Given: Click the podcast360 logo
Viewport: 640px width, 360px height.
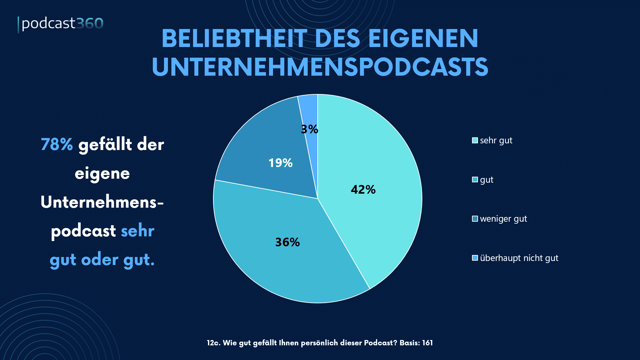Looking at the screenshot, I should pyautogui.click(x=61, y=24).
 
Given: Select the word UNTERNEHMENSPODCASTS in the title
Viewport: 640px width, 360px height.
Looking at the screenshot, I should pyautogui.click(x=320, y=67).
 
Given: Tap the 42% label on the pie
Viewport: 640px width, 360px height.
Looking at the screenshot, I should pyautogui.click(x=363, y=190).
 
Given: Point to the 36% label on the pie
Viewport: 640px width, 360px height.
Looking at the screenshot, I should pyautogui.click(x=287, y=242).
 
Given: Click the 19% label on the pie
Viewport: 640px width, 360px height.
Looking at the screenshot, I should pyautogui.click(x=280, y=163).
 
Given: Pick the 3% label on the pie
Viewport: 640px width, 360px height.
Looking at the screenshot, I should pyautogui.click(x=309, y=129).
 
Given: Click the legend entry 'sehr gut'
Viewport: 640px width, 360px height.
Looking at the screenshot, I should pyautogui.click(x=496, y=141).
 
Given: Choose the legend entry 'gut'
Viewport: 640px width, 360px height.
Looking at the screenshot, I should pyautogui.click(x=486, y=180).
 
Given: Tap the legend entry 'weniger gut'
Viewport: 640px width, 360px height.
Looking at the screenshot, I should pyautogui.click(x=503, y=219).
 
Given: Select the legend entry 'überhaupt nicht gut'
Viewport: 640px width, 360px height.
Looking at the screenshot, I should pyautogui.click(x=519, y=258).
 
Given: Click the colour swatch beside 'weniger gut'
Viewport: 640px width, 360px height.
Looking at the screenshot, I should pyautogui.click(x=475, y=219).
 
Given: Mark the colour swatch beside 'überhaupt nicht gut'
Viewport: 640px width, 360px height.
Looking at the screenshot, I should pyautogui.click(x=475, y=258).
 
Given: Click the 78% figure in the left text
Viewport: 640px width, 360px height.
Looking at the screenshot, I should pyautogui.click(x=57, y=145).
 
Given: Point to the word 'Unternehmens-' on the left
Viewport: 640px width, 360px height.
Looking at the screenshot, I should pyautogui.click(x=102, y=202).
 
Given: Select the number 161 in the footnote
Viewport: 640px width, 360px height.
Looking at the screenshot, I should pyautogui.click(x=427, y=343).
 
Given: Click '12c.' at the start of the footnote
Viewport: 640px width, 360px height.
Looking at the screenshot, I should pyautogui.click(x=213, y=343).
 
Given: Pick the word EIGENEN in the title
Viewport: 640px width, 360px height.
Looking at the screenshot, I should pyautogui.click(x=423, y=38).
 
